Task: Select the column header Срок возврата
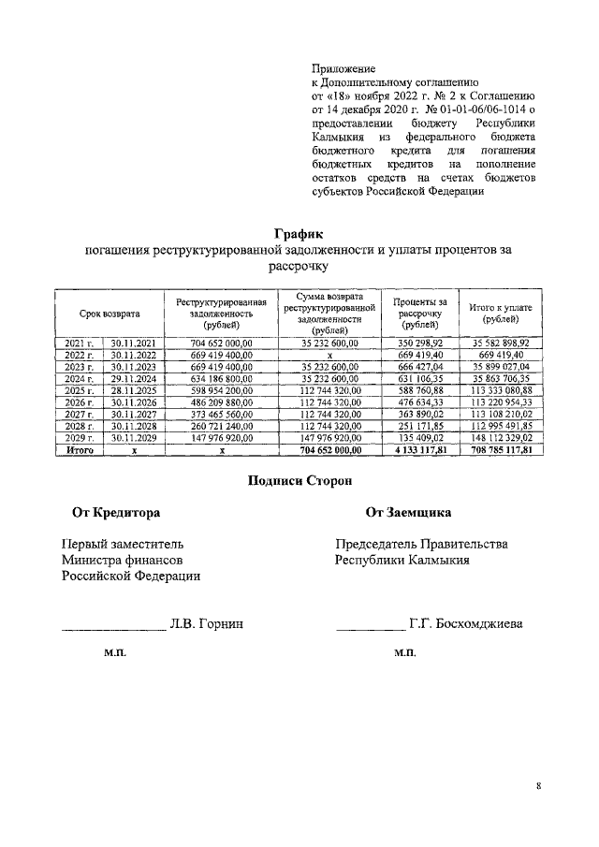[x=110, y=314]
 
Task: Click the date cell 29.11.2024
[x=132, y=379]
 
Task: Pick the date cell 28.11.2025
[x=132, y=390]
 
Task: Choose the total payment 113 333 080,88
[x=501, y=390]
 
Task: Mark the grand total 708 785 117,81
[x=501, y=450]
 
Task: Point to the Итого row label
[x=78, y=450]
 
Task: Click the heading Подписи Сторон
[x=299, y=481]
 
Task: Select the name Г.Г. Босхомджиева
[x=465, y=622]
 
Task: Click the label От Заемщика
[x=408, y=512]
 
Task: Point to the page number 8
[x=539, y=786]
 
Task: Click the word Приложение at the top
[x=343, y=69]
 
